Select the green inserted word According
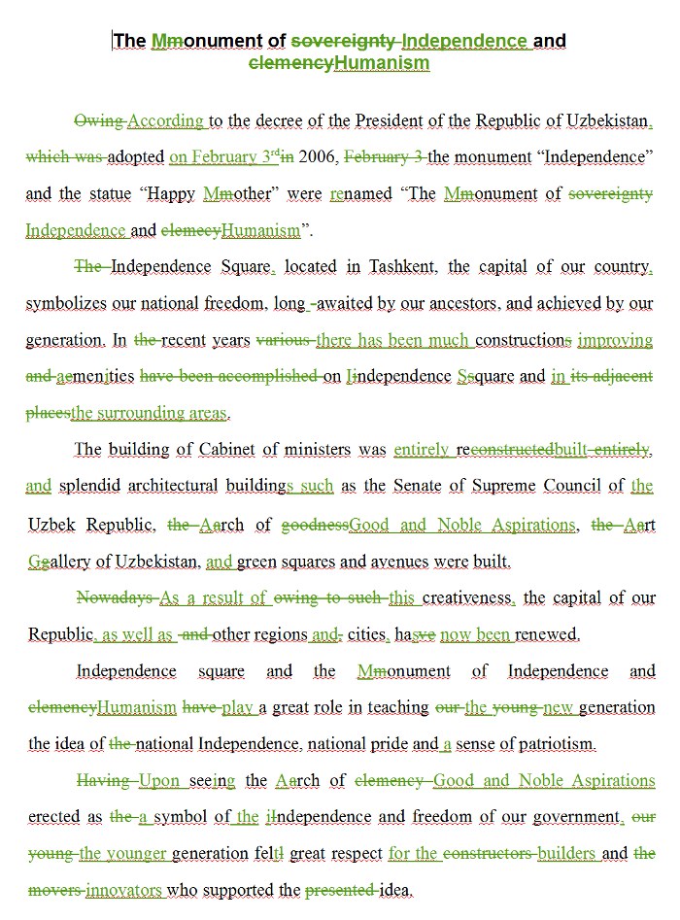click(165, 121)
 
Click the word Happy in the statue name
click(171, 193)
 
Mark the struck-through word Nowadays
click(115, 597)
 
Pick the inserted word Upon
click(158, 781)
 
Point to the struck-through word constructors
click(488, 854)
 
